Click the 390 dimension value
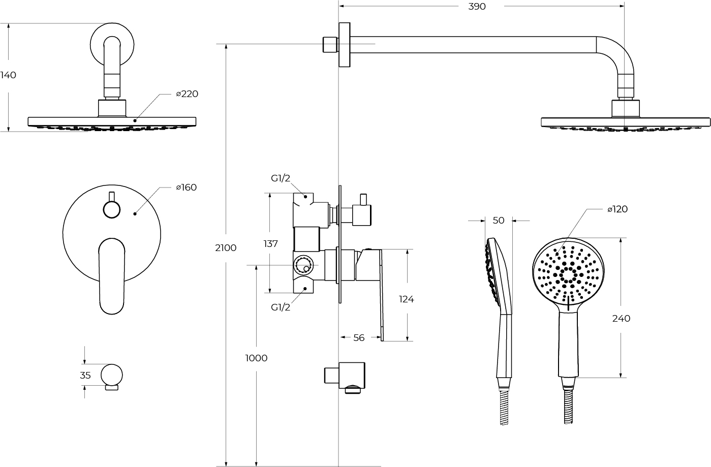(x=477, y=7)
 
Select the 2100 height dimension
(x=226, y=248)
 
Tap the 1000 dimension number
(x=256, y=358)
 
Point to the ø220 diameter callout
(x=187, y=94)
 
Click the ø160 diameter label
(x=187, y=188)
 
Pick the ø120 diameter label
(x=617, y=209)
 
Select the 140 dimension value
(x=8, y=75)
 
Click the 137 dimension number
(x=270, y=244)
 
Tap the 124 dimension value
(x=406, y=299)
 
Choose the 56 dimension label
(x=359, y=338)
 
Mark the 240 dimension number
(x=621, y=319)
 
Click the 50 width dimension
(x=499, y=221)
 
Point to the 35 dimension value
(x=85, y=376)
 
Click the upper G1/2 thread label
(x=281, y=178)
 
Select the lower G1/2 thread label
(x=281, y=307)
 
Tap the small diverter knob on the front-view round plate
(x=111, y=208)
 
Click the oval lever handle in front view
(x=111, y=274)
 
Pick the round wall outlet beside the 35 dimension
(x=111, y=375)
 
